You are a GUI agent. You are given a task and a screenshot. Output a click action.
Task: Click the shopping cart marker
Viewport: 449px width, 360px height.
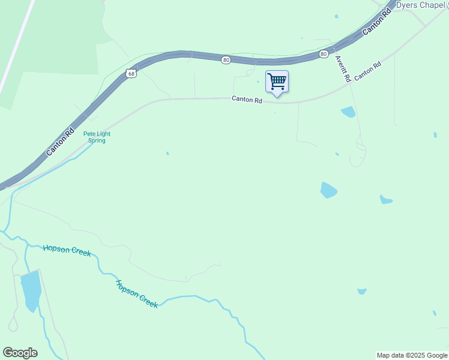click(x=277, y=82)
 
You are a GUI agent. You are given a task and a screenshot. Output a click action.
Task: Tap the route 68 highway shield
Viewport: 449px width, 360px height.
click(x=131, y=74)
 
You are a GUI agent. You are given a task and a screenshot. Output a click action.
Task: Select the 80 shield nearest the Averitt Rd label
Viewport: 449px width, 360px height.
click(x=324, y=54)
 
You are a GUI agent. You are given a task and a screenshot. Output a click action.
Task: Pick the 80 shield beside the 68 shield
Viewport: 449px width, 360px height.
click(x=226, y=60)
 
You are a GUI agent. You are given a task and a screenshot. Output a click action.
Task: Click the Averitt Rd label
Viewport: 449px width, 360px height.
click(x=343, y=68)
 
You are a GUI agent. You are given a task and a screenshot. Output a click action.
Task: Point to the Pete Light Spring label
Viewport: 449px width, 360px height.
click(x=97, y=137)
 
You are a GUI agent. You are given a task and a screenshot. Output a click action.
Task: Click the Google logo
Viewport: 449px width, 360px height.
click(x=20, y=353)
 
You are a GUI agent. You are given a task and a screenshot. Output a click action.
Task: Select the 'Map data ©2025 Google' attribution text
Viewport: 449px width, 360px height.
click(x=412, y=355)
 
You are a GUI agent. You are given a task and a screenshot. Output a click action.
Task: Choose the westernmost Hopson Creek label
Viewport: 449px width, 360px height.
click(x=67, y=250)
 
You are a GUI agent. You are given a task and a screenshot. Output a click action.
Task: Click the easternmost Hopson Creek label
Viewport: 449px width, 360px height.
click(x=136, y=293)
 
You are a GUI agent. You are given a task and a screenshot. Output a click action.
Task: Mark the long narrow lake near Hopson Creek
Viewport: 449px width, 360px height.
click(x=30, y=291)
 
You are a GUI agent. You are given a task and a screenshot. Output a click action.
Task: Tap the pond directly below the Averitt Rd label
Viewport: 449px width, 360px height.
click(x=348, y=112)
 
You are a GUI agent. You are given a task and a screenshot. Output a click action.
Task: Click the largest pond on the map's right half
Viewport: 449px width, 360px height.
click(x=328, y=190)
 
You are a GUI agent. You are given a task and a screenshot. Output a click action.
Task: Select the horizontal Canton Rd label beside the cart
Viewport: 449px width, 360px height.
click(x=247, y=100)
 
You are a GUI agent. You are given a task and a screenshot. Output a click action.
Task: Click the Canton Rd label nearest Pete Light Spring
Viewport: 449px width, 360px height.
click(x=60, y=142)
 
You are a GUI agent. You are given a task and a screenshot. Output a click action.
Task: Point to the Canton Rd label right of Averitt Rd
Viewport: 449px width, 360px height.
click(x=368, y=72)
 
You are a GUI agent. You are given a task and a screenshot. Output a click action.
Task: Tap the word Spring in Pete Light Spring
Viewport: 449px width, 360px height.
click(x=97, y=141)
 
